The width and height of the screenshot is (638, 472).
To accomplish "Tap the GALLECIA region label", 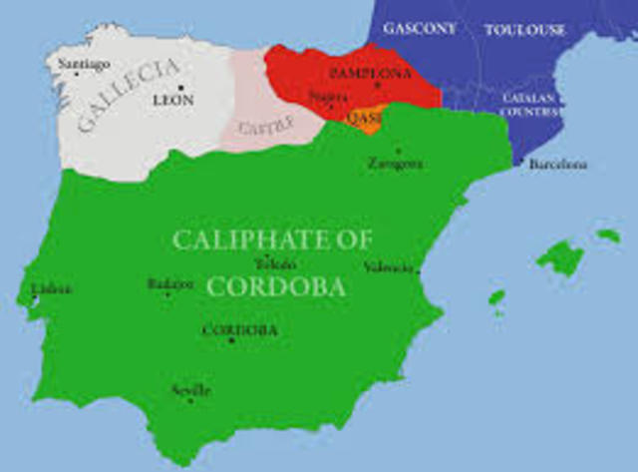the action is click(x=130, y=95).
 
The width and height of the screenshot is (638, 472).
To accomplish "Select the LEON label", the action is click(x=173, y=100).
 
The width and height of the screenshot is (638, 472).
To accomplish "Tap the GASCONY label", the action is click(x=418, y=28).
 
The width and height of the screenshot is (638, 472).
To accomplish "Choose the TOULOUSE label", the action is click(x=524, y=30).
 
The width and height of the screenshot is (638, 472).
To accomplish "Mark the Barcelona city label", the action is click(x=557, y=164).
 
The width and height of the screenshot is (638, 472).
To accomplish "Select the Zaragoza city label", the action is click(x=394, y=163).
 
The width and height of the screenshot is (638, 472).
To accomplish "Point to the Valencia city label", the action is click(x=386, y=267).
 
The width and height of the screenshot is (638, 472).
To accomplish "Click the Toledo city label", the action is click(x=276, y=264).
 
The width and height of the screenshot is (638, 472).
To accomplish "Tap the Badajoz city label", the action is click(x=169, y=284).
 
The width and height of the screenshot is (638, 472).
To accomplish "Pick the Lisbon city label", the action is click(x=51, y=289).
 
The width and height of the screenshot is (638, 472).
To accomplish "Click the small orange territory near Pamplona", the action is click(x=370, y=123).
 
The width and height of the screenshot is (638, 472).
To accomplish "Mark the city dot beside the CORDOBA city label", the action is click(x=231, y=341).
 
